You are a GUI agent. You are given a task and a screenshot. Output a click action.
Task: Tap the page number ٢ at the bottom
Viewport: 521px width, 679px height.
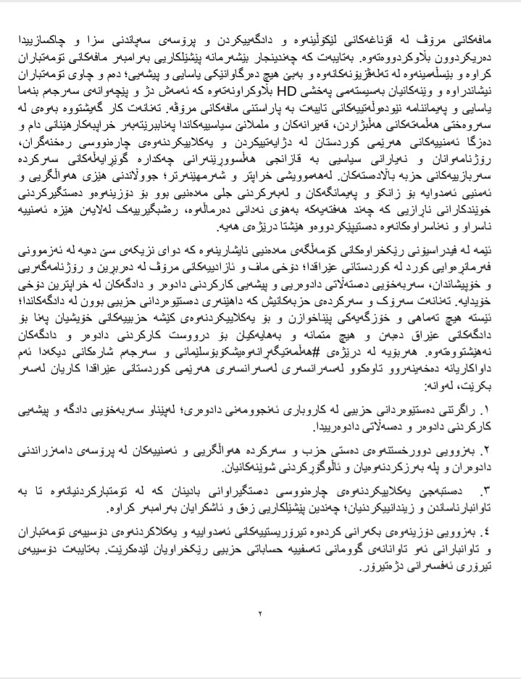(260, 614)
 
